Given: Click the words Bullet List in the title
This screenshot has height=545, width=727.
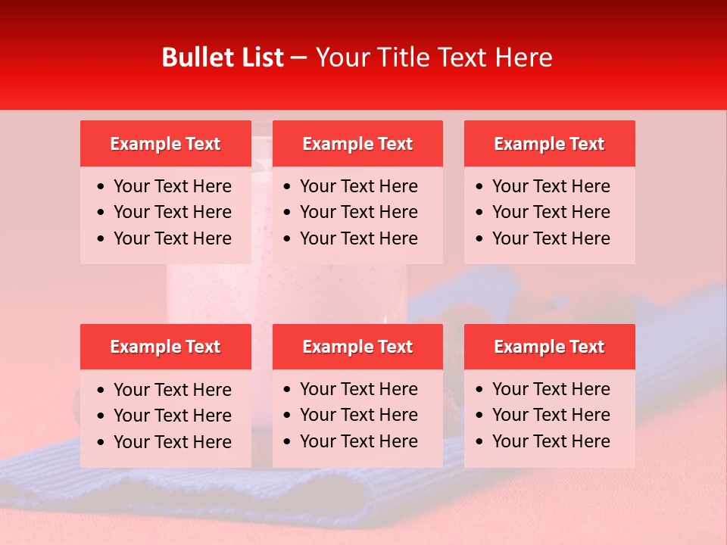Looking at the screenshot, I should pos(223,58).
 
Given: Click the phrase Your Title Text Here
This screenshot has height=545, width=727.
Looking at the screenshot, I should pos(434,58).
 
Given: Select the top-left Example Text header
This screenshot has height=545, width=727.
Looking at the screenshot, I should pos(165,144).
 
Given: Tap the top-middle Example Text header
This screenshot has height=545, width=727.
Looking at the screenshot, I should pos(357,144).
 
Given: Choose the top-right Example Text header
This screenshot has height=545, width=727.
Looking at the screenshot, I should pos(549,144).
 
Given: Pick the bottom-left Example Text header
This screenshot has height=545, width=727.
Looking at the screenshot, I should pos(165,347).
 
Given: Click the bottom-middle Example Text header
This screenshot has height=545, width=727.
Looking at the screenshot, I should pos(357,347).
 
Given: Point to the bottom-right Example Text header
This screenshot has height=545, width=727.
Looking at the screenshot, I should pos(549,347).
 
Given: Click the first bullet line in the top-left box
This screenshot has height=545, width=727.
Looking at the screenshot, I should pos(173,186).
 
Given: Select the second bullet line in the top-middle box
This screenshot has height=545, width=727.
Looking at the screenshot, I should pos(359,212).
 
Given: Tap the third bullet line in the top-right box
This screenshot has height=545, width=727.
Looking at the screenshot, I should pos(551,238).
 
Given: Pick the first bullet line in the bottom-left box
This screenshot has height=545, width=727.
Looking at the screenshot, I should pos(173,390).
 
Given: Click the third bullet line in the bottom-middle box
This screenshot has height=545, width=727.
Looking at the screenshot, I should pos(359,441).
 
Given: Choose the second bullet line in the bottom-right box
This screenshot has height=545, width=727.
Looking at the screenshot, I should pos(551,415).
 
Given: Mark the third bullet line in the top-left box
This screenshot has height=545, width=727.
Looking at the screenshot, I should pos(173,238).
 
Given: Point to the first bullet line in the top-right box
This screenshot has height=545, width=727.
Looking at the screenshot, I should pos(551,186).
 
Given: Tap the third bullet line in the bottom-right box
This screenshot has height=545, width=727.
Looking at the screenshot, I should pos(551,441).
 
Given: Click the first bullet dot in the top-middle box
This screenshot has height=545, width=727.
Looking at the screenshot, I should pos(288,187).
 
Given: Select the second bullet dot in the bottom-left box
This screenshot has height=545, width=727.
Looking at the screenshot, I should pos(101,416).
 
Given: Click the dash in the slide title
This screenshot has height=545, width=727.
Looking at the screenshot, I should pos(299,58).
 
